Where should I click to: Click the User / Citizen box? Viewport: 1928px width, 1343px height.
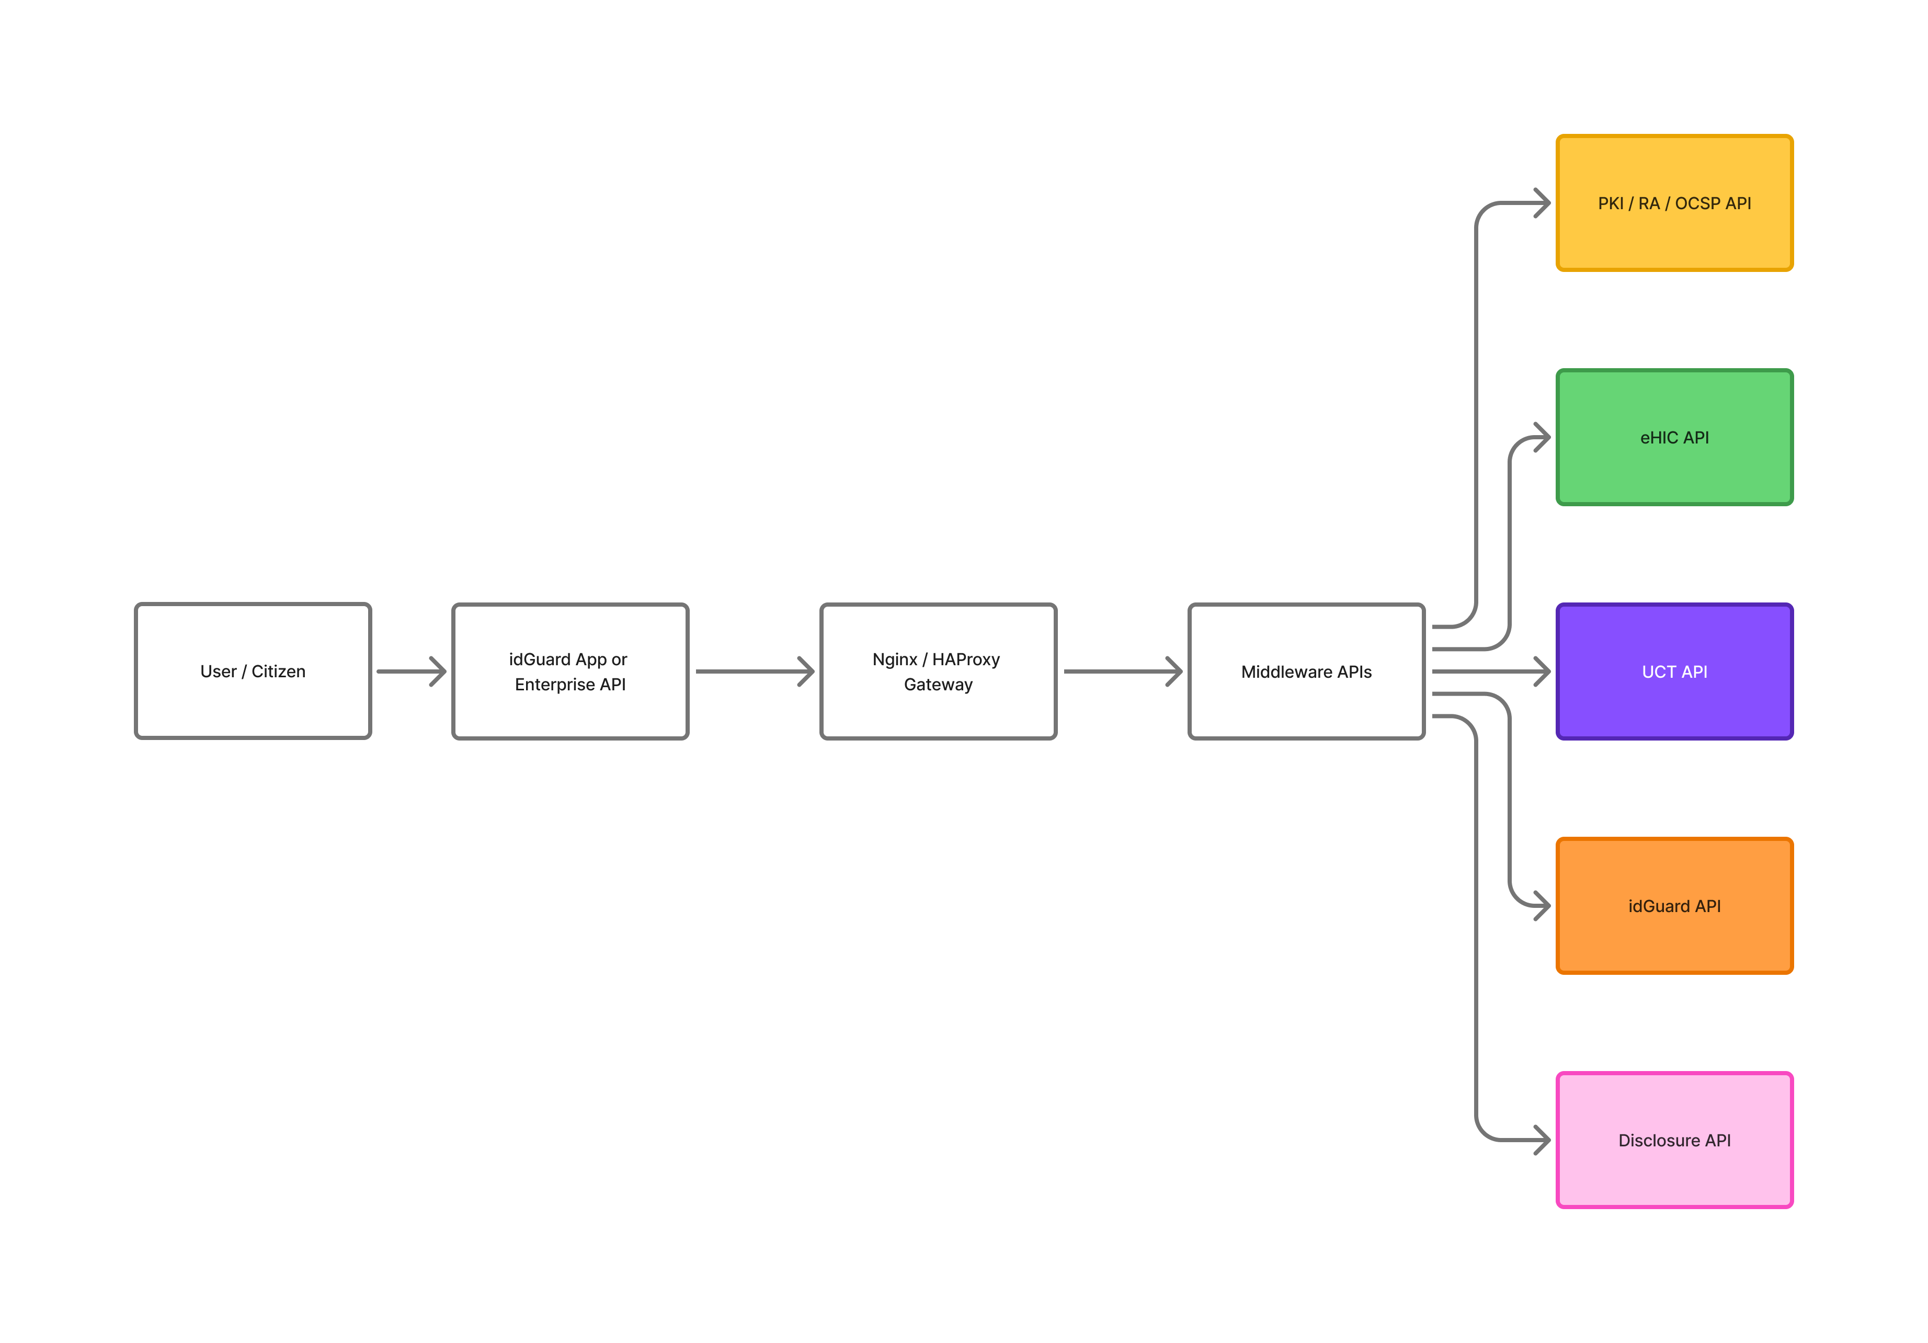pyautogui.click(x=253, y=671)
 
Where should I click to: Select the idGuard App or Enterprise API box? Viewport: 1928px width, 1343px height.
pyautogui.click(x=570, y=671)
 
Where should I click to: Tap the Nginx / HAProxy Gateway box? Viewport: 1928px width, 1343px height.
pyautogui.click(x=938, y=671)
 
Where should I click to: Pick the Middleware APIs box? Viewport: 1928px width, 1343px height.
pyautogui.click(x=1307, y=671)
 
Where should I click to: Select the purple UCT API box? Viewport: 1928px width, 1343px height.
pyautogui.click(x=1674, y=671)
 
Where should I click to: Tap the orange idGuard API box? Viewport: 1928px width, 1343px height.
pyautogui.click(x=1674, y=905)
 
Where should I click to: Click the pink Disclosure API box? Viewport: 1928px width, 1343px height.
pyautogui.click(x=1674, y=1140)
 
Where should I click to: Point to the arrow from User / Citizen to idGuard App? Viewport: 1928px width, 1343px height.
pyautogui.click(x=412, y=671)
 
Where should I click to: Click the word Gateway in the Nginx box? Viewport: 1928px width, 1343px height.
pyautogui.click(x=938, y=685)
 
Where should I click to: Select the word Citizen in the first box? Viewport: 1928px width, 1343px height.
pyautogui.click(x=279, y=671)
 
